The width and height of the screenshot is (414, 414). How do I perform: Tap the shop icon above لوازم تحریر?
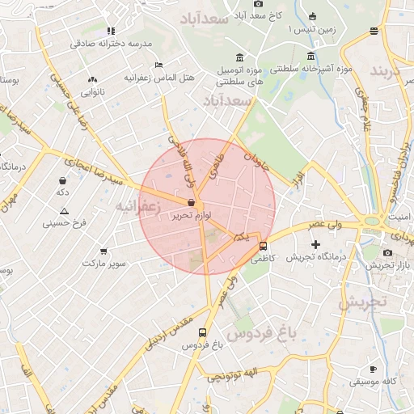pos(190,203)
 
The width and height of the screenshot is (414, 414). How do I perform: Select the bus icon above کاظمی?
pos(263,247)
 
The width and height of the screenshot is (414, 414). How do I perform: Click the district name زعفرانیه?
pos(138,206)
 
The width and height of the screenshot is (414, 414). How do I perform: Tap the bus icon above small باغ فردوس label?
pos(201,332)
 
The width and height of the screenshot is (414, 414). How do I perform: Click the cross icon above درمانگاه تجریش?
pos(315,244)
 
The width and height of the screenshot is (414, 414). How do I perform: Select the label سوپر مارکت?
pos(106,264)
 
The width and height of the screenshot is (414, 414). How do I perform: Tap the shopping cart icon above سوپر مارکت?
pos(103,251)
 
